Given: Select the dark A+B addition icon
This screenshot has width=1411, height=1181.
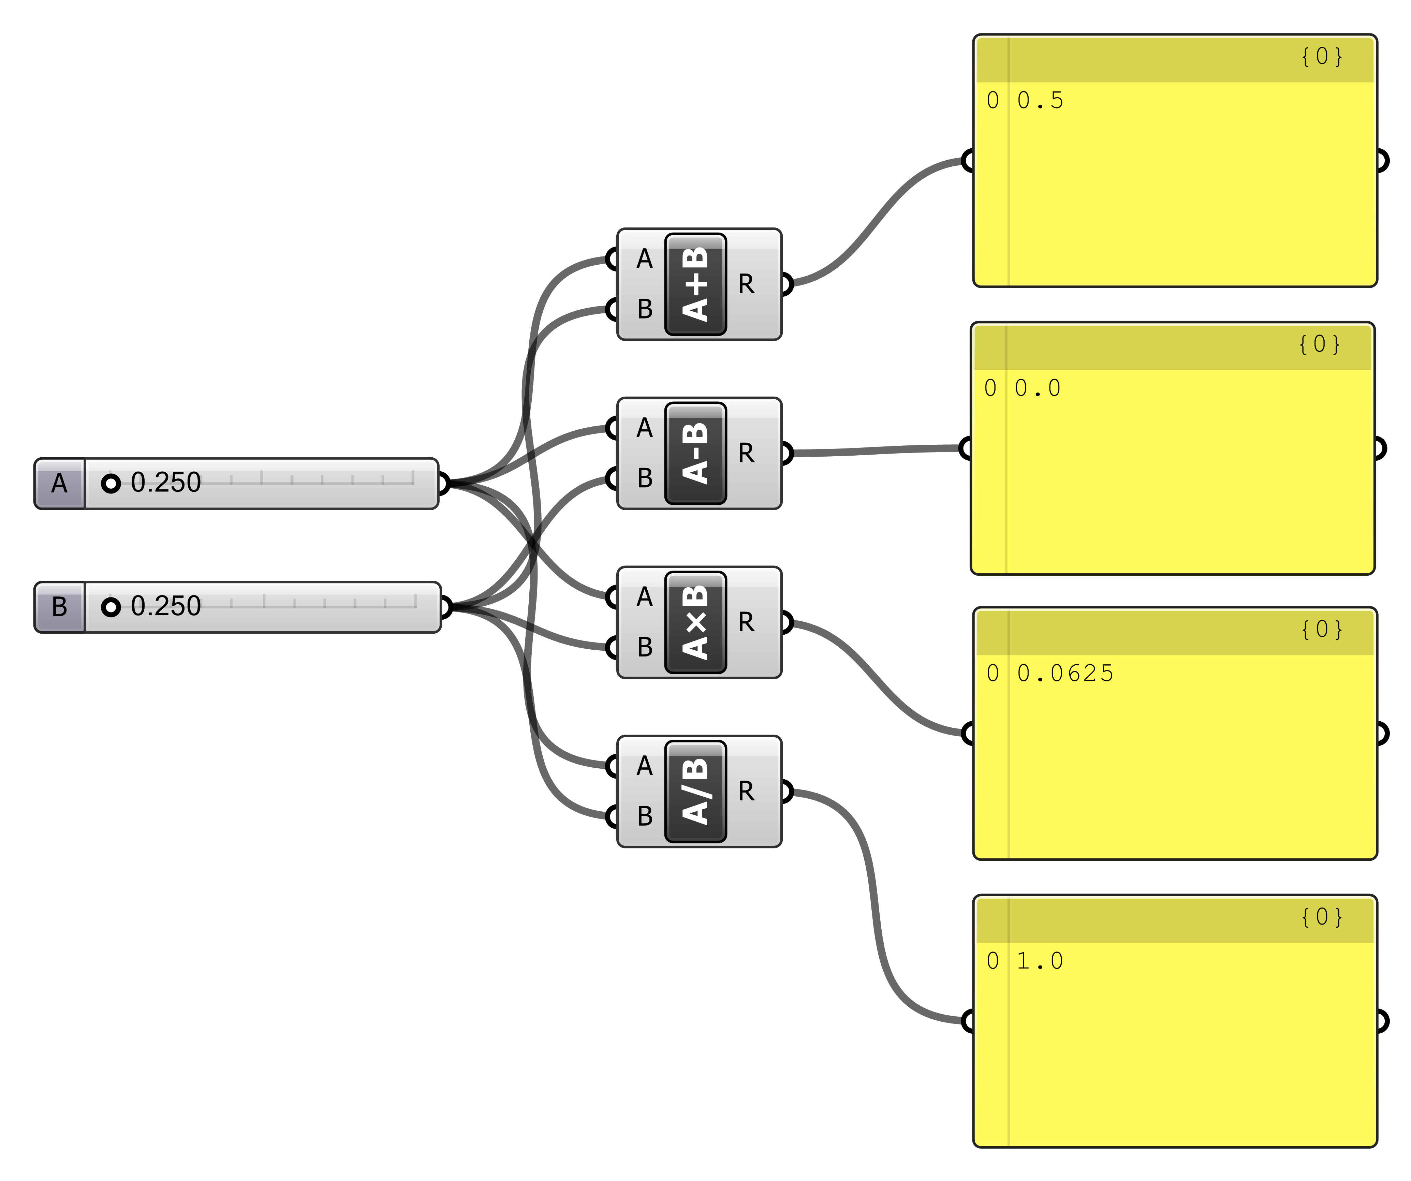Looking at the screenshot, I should (x=695, y=284).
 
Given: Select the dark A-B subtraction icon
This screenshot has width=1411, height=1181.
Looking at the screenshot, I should (x=695, y=454).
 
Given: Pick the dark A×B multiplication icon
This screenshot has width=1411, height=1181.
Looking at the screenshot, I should (x=695, y=623).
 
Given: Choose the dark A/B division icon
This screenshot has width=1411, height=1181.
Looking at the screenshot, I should (x=695, y=791).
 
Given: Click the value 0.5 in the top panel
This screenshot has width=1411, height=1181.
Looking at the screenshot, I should (x=1040, y=101).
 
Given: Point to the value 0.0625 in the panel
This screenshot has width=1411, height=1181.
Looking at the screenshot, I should (x=1065, y=673).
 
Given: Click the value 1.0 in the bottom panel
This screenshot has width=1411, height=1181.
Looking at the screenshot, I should (x=1040, y=961).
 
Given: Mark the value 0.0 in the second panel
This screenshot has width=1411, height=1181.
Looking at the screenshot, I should (x=1038, y=388).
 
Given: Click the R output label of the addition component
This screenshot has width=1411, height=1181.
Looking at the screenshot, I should (x=746, y=284).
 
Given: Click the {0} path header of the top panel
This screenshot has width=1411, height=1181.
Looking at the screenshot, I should (x=1322, y=56).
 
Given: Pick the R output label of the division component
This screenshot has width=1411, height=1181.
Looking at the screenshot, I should (x=746, y=791).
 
